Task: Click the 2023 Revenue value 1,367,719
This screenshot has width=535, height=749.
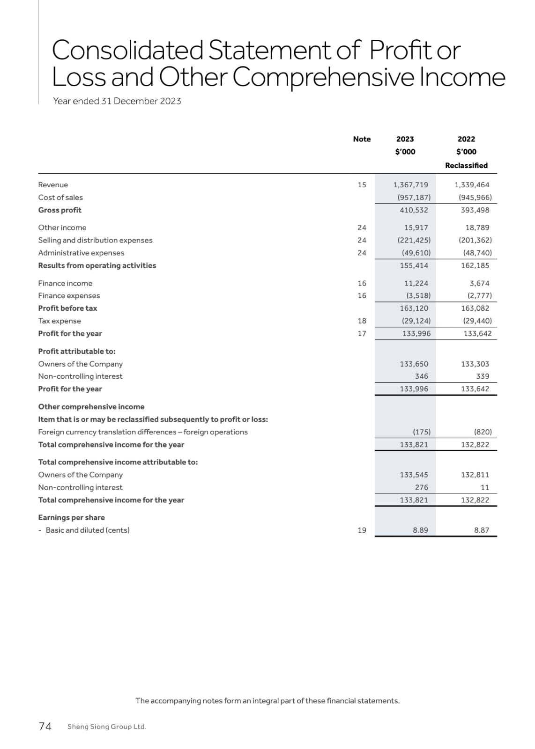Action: (x=410, y=185)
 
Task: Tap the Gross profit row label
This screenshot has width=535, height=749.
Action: (x=59, y=210)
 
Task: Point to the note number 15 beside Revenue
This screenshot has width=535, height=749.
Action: (x=362, y=185)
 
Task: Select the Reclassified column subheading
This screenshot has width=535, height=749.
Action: (x=466, y=165)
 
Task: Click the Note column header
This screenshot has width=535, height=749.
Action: (x=362, y=139)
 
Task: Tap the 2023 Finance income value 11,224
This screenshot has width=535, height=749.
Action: (x=416, y=283)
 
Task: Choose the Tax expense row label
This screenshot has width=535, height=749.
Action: (x=59, y=321)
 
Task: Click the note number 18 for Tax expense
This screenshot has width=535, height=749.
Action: (x=362, y=321)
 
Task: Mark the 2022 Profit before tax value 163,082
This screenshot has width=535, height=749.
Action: (x=475, y=308)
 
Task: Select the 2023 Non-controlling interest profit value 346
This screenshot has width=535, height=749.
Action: (x=421, y=376)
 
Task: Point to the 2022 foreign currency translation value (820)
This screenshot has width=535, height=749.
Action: (x=483, y=432)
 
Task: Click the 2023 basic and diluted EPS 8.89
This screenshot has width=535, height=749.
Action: (x=420, y=530)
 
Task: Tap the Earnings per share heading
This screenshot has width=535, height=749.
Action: (x=71, y=518)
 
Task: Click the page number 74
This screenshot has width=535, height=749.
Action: (x=45, y=727)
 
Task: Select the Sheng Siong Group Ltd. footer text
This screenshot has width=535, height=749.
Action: (x=107, y=727)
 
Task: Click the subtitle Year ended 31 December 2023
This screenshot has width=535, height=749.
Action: (x=117, y=101)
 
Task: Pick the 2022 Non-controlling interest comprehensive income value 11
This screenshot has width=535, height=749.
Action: (x=485, y=487)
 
